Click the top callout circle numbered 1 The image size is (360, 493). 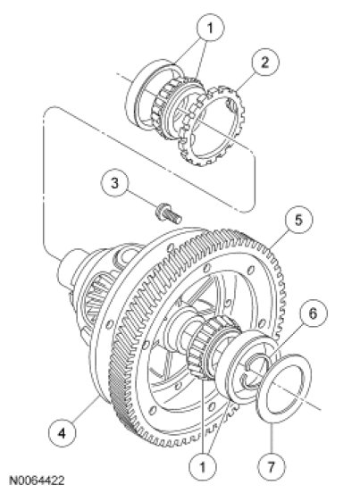point(210,28)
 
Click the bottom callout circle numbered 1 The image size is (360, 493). point(203,466)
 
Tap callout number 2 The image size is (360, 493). point(265,62)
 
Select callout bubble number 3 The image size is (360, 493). point(114,183)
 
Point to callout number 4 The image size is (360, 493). point(63,433)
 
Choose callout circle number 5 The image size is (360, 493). point(298,220)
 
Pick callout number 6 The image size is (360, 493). point(314,313)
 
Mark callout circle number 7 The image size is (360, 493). point(271,466)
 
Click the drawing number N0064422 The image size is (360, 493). point(38,480)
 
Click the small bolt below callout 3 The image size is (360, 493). point(169,213)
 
